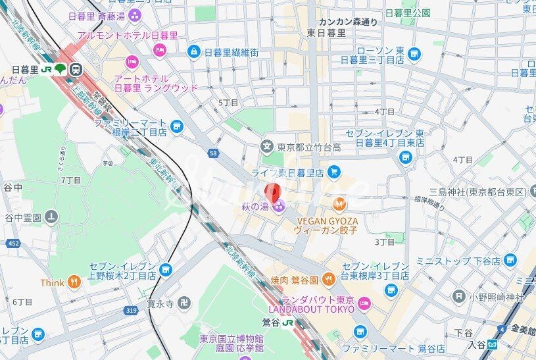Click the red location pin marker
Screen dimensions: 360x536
(270, 192)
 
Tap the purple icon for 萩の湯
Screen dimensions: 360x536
(279, 208)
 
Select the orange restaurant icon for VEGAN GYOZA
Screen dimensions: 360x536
(339, 203)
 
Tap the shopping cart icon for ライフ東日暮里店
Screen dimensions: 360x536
(334, 172)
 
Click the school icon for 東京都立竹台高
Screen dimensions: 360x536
(267, 146)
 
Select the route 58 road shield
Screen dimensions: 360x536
(213, 153)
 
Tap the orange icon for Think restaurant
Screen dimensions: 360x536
(75, 283)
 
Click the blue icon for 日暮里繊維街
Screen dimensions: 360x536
(193, 51)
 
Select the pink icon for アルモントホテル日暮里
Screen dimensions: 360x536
(158, 49)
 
